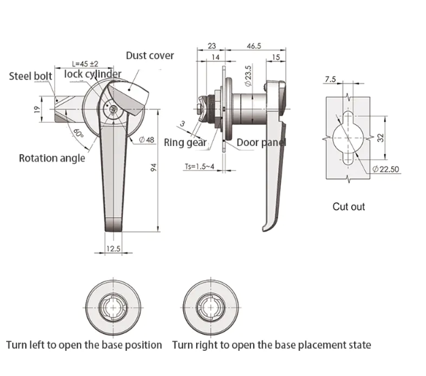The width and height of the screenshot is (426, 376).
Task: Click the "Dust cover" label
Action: click(x=150, y=56)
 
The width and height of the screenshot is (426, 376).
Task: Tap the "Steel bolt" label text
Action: click(x=31, y=76)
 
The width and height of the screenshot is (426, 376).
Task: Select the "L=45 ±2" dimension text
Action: click(x=85, y=64)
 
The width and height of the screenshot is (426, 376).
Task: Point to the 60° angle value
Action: click(x=78, y=133)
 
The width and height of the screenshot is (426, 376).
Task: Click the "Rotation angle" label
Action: click(x=52, y=158)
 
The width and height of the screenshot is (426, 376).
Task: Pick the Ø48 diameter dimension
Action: click(x=147, y=140)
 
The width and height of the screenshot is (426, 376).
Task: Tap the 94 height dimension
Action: click(x=153, y=167)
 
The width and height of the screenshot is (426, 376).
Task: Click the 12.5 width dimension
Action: click(x=113, y=248)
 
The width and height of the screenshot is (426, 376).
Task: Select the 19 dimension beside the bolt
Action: click(x=37, y=109)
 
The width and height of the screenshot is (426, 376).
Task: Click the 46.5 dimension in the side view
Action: click(x=254, y=46)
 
